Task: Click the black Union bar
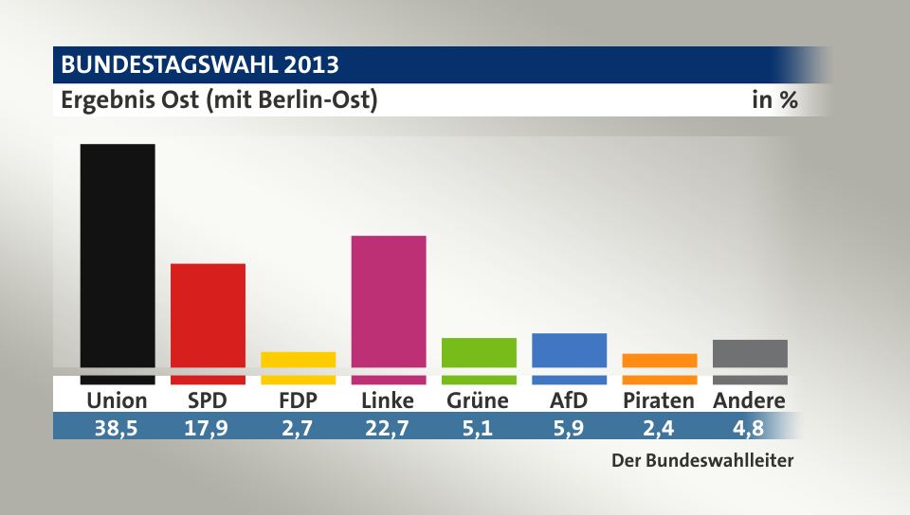[118, 256]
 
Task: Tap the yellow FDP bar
[298, 361]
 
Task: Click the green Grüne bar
[479, 353]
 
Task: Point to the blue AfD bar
[569, 351]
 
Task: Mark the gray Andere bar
[750, 354]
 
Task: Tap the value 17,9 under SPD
[208, 427]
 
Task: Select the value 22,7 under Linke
[389, 427]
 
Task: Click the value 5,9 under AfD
[569, 427]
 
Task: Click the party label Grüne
[478, 400]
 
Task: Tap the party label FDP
[298, 400]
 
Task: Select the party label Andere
[749, 400]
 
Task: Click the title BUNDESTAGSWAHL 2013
[199, 65]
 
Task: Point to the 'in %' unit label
[774, 99]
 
